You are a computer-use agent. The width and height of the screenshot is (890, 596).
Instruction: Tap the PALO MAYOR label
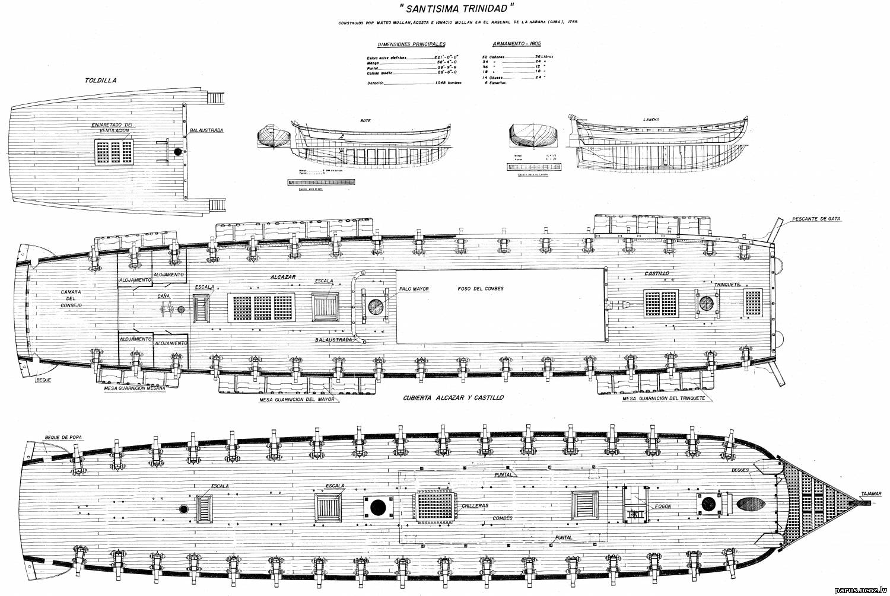(x=414, y=289)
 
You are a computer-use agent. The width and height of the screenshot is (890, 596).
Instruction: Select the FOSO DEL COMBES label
(x=481, y=289)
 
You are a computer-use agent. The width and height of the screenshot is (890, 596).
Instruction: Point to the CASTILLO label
(x=657, y=273)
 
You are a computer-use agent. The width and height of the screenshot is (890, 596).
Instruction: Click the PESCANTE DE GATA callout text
(x=816, y=219)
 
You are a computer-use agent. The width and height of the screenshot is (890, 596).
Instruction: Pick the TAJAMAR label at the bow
(x=873, y=493)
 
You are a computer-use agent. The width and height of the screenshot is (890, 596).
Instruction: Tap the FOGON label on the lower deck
(x=663, y=507)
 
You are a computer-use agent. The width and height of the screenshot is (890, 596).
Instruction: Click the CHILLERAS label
(x=475, y=506)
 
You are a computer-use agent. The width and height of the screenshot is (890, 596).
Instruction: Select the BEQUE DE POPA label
(x=63, y=437)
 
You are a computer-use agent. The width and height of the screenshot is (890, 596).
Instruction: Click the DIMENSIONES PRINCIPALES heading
(x=411, y=44)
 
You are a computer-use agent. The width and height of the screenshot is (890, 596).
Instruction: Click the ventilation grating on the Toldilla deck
(x=114, y=152)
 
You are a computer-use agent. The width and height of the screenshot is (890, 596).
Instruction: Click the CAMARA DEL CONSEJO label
(x=71, y=298)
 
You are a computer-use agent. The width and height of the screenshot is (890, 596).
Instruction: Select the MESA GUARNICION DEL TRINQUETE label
(x=663, y=399)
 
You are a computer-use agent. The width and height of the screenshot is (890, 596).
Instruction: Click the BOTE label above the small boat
(x=365, y=120)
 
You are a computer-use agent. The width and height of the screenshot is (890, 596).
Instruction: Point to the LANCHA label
(x=651, y=119)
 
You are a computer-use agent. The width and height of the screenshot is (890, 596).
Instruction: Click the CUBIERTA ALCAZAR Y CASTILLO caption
(x=453, y=397)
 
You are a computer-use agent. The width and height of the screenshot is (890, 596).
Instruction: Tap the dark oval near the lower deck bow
(x=751, y=504)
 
